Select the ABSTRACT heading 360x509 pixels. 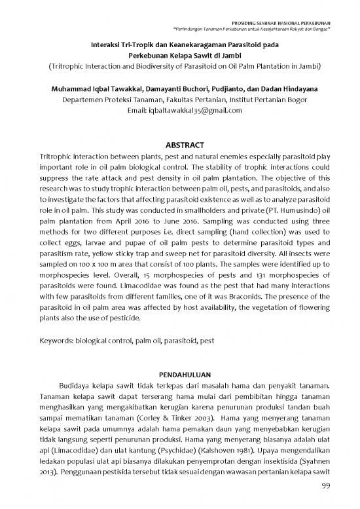[x=179, y=144]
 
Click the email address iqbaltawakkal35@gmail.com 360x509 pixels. [x=186, y=111]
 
